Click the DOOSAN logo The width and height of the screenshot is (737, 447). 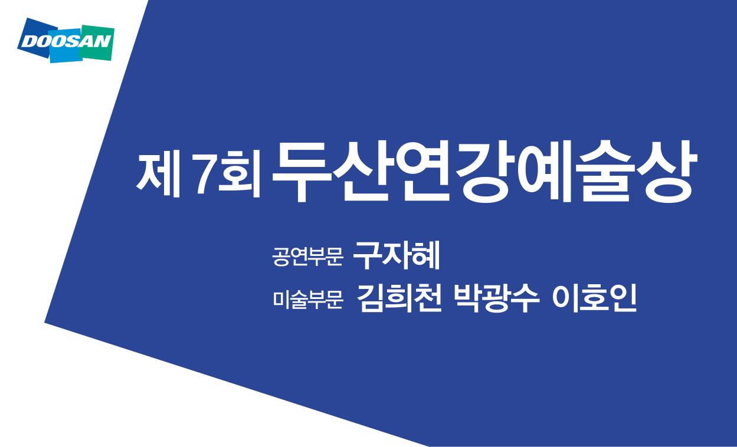(66, 41)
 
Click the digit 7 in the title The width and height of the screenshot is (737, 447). (205, 173)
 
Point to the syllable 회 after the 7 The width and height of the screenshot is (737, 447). (240, 173)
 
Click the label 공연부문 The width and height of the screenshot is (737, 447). (307, 257)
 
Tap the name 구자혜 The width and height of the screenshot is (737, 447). (397, 255)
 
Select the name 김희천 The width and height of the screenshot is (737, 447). (399, 298)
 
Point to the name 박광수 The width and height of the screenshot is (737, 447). (496, 298)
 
